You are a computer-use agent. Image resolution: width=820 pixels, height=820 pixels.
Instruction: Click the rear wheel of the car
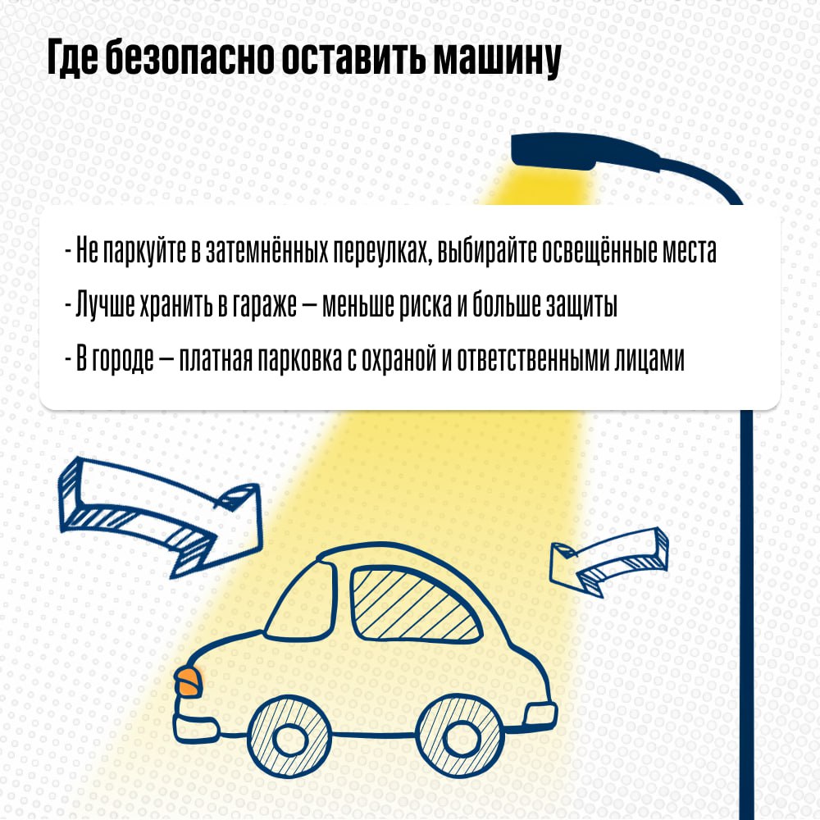pos(460,736)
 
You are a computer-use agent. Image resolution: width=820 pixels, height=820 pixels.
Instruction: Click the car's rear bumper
pos(540,715)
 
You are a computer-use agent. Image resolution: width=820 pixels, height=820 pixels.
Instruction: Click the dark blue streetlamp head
pos(581,151)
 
